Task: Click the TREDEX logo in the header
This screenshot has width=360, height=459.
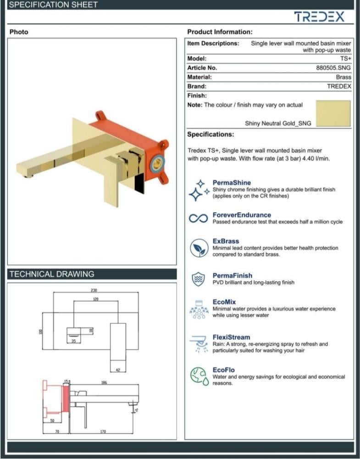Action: pyautogui.click(x=319, y=17)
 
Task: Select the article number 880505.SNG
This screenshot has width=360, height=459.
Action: pyautogui.click(x=333, y=67)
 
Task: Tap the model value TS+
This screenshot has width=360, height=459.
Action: pyautogui.click(x=345, y=59)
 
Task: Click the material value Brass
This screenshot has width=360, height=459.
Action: pyautogui.click(x=343, y=77)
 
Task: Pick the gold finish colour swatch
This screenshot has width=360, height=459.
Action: pyautogui.click(x=333, y=113)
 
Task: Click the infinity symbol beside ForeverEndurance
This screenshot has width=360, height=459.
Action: pyautogui.click(x=198, y=218)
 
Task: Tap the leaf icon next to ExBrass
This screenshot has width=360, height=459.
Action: pyautogui.click(x=199, y=248)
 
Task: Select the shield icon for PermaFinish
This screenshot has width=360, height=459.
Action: pyautogui.click(x=198, y=279)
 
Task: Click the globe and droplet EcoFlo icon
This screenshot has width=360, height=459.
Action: pyautogui.click(x=199, y=376)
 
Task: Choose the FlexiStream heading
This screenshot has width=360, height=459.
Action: pyautogui.click(x=231, y=337)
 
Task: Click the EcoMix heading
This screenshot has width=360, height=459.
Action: pyautogui.click(x=224, y=302)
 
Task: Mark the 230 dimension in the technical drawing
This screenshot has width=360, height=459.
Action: pyautogui.click(x=94, y=291)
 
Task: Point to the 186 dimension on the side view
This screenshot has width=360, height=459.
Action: pyautogui.click(x=104, y=383)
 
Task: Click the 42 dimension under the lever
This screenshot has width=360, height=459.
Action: pyautogui.click(x=118, y=370)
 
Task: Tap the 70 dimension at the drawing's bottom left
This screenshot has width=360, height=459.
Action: pyautogui.click(x=57, y=431)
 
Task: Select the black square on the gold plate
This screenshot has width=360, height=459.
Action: pyautogui.click(x=139, y=184)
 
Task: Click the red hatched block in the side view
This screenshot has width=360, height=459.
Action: pyautogui.click(x=66, y=399)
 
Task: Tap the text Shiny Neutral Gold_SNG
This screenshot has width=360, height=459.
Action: pyautogui.click(x=278, y=123)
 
